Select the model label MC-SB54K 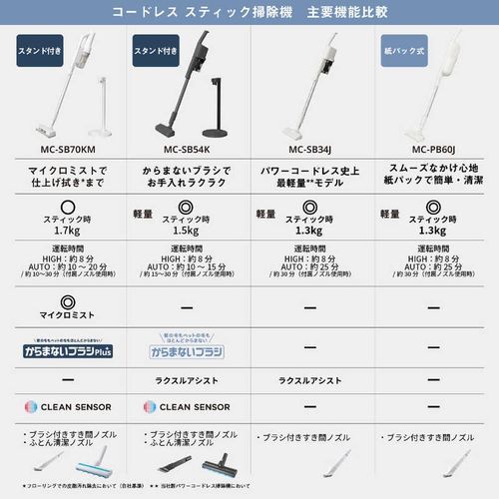[186, 151]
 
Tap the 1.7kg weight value [62, 229]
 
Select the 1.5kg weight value [186, 229]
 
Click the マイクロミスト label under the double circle [62, 314]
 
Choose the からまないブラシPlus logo [63, 351]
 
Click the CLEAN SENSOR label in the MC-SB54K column [187, 407]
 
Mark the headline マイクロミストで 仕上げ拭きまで [62, 179]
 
